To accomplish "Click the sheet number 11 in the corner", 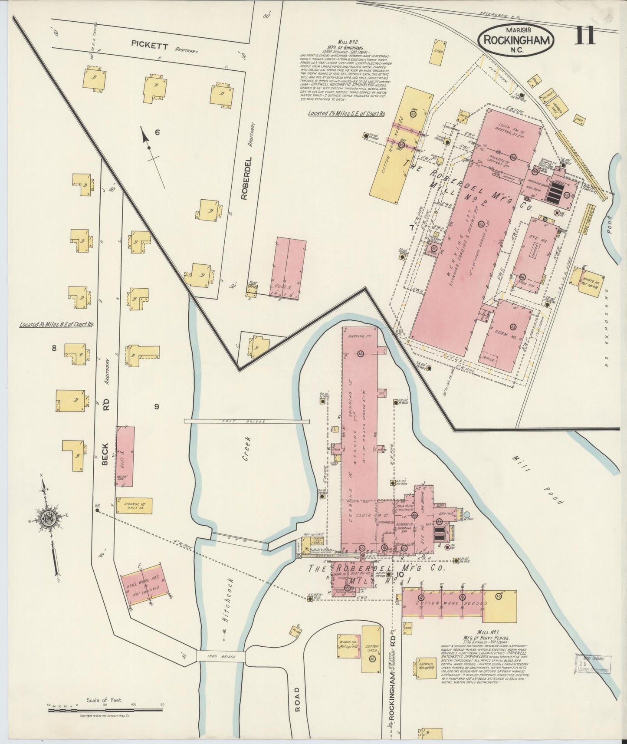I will pyautogui.click(x=585, y=35).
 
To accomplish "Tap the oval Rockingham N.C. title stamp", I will pyautogui.click(x=516, y=40).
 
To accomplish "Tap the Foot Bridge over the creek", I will pyautogui.click(x=246, y=421).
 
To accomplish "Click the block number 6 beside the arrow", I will pyautogui.click(x=157, y=133).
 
